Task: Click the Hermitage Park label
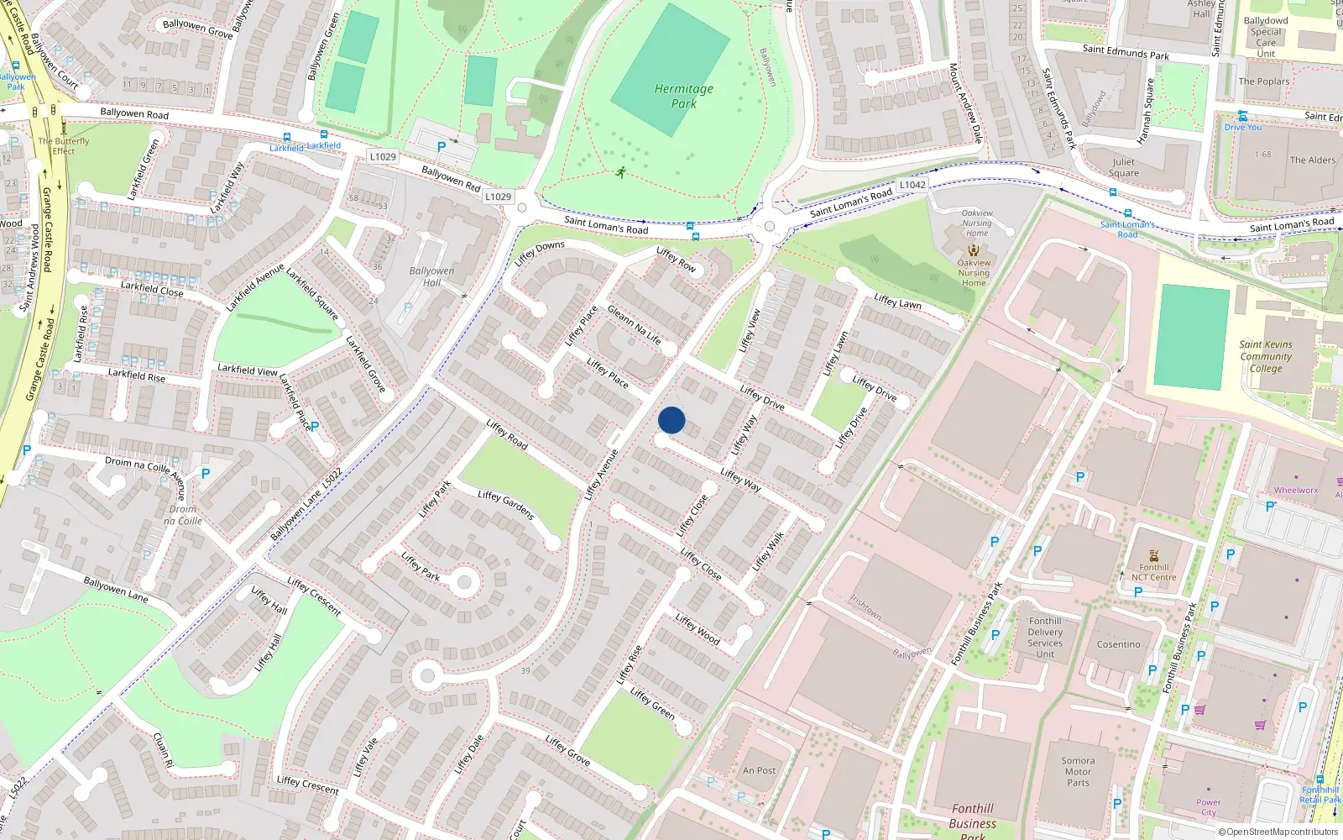coord(684,96)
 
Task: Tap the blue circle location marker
coord(671,420)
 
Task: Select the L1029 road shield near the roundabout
coord(498,197)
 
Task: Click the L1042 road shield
coord(912,185)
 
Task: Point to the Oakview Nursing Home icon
coord(974,250)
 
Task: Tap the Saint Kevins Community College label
coord(1266,356)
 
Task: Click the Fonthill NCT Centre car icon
coord(1154,555)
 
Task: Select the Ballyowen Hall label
coord(431,276)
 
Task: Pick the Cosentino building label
coord(1119,644)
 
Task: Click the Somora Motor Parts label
coord(1079,771)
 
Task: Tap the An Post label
coord(760,770)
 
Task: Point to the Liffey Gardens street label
coord(506,505)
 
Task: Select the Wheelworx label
coord(1296,490)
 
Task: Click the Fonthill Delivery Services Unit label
coord(1045,638)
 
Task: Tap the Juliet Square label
coord(1124,167)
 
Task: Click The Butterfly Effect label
coord(64,146)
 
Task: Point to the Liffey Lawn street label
coord(897,301)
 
